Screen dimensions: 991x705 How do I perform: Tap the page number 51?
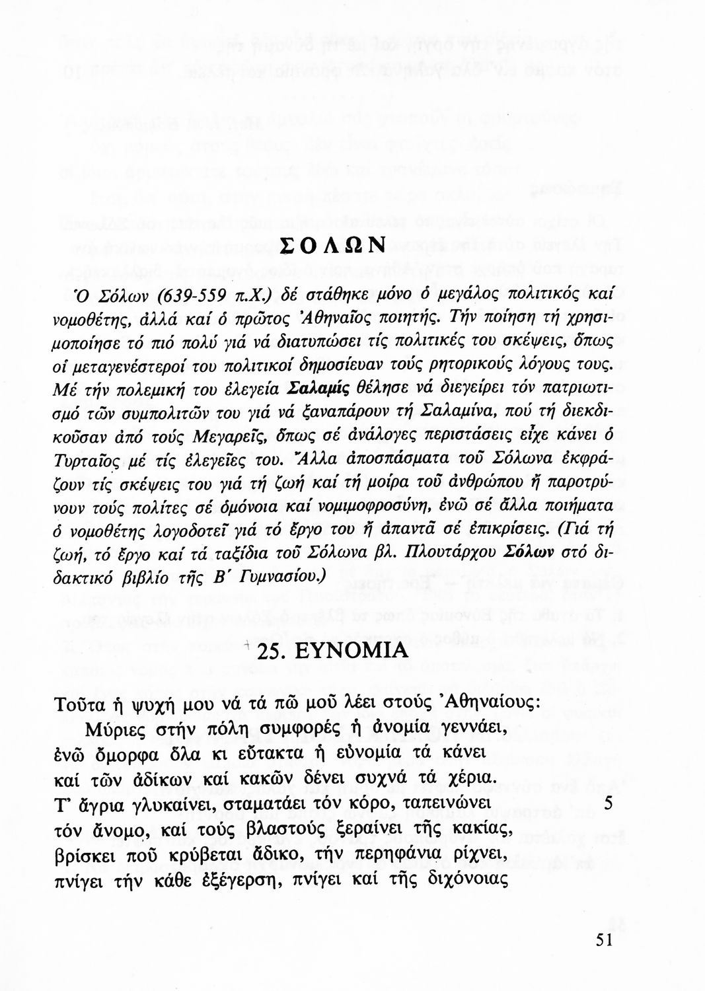click(605, 941)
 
